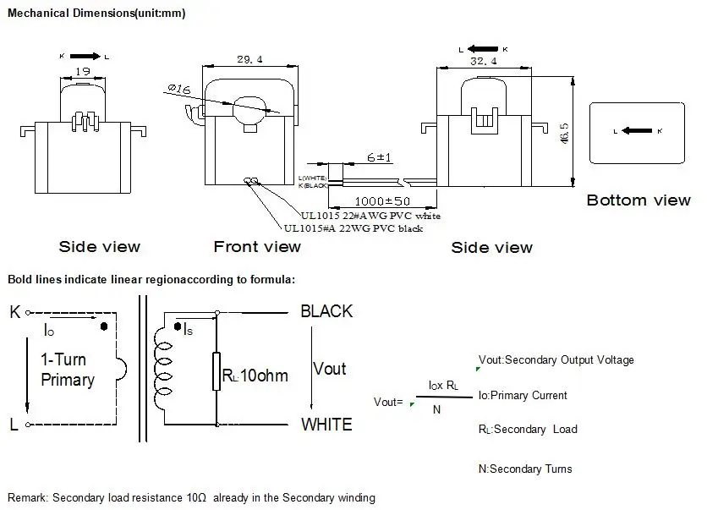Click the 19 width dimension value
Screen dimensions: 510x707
click(83, 73)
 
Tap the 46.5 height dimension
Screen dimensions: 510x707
click(564, 133)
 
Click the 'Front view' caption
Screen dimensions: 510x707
click(257, 247)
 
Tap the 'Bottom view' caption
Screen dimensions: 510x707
click(638, 200)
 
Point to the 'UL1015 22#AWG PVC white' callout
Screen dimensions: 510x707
click(370, 216)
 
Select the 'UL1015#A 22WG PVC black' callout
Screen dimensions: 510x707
click(353, 228)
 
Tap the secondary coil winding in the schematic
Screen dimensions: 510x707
click(163, 370)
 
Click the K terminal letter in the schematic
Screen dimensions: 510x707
click(14, 311)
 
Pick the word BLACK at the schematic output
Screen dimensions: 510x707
click(326, 311)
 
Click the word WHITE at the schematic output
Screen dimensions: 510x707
click(326, 425)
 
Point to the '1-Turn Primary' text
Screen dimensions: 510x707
click(67, 370)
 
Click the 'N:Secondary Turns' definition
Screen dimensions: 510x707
click(524, 469)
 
